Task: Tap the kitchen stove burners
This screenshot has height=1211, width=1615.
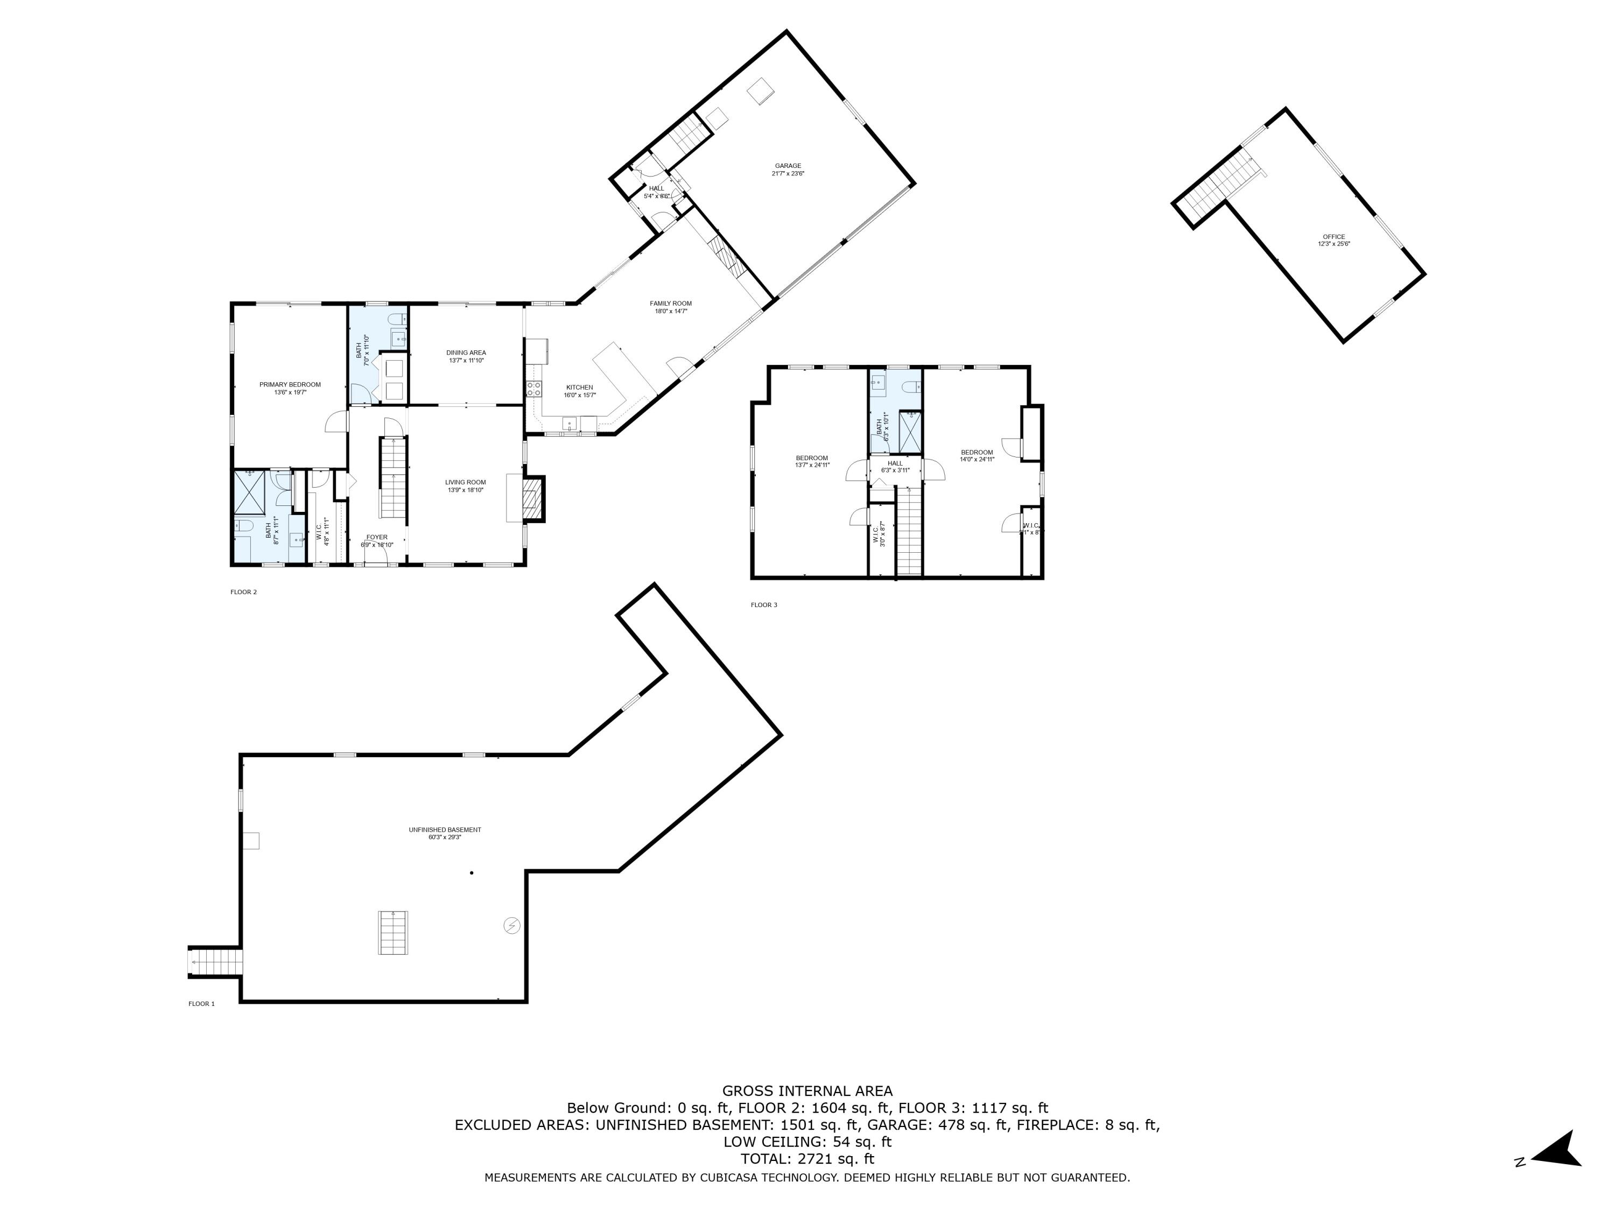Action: (533, 389)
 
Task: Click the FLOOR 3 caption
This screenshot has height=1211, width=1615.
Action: (764, 605)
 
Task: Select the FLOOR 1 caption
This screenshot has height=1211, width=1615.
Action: (201, 1004)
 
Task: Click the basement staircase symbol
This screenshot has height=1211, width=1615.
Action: (393, 932)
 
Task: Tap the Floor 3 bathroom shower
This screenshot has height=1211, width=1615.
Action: (910, 432)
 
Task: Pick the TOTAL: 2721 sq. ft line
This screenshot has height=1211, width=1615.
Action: (807, 1158)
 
